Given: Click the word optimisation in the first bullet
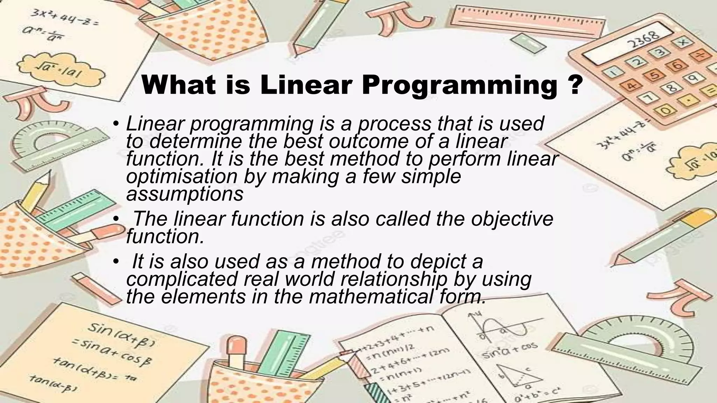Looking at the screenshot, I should (x=181, y=176).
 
